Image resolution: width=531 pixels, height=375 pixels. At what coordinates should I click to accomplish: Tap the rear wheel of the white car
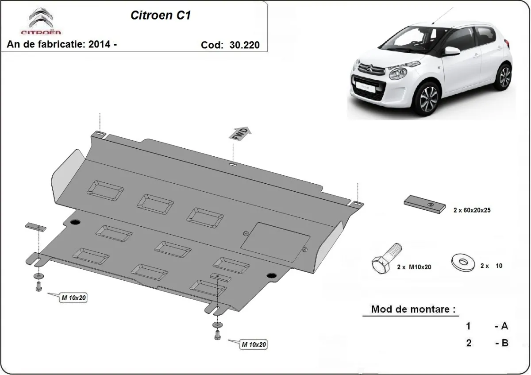coord(504,76)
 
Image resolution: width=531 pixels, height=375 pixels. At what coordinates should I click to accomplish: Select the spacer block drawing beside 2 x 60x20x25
coord(424,205)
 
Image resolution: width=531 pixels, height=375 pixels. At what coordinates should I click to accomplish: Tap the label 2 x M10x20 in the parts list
coord(414,267)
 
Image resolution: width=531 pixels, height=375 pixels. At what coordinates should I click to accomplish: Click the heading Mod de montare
coord(413,309)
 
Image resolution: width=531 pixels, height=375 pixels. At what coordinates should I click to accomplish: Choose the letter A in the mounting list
coord(504,327)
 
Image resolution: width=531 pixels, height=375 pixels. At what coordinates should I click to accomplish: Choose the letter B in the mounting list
coord(504,343)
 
